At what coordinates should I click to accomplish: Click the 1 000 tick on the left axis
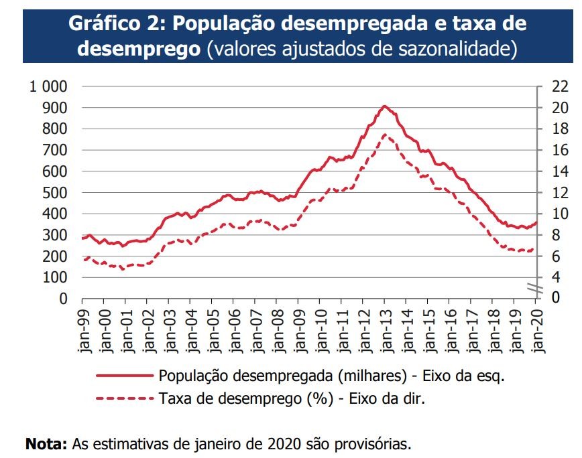pos(49,86)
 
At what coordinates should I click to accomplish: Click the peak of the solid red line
pos(384,106)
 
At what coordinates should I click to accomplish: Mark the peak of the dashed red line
pos(385,135)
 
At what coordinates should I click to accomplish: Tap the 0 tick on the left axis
pos(64,299)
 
